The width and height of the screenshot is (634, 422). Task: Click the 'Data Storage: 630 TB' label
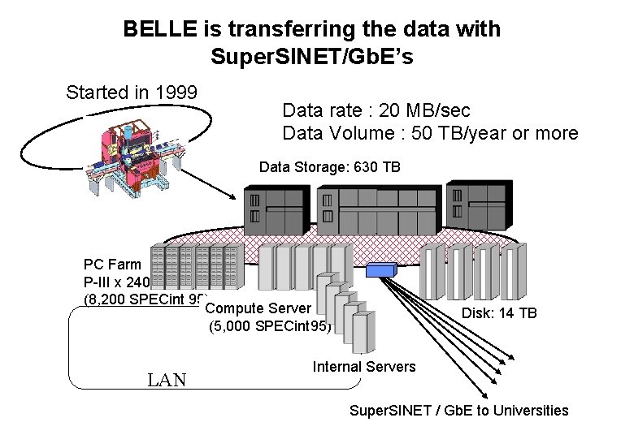tap(329, 167)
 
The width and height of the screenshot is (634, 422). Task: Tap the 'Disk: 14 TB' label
tap(499, 313)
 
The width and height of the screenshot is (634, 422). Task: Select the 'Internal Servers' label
tap(363, 367)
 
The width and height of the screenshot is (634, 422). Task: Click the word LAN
tap(167, 379)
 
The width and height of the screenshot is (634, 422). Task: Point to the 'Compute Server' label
tap(258, 308)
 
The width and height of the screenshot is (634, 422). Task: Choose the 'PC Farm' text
tap(112, 265)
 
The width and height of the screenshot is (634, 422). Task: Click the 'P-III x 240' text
tap(117, 282)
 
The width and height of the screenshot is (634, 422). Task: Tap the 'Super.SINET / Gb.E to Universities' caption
tap(458, 411)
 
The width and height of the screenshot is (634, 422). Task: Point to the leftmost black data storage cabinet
tap(276, 209)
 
